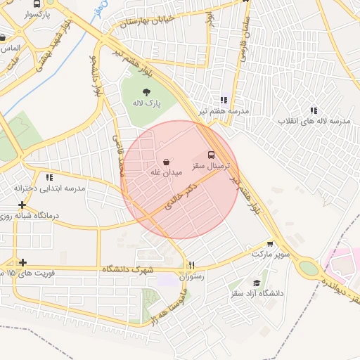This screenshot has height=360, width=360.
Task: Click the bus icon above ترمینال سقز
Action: click(x=211, y=154)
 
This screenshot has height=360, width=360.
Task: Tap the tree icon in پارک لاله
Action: click(x=147, y=92)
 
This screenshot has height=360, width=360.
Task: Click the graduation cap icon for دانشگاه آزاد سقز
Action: click(x=257, y=283)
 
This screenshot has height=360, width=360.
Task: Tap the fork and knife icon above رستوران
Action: click(x=191, y=265)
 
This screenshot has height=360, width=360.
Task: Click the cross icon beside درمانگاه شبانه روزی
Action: click(x=22, y=205)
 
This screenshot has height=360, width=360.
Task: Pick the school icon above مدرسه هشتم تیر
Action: click(x=224, y=101)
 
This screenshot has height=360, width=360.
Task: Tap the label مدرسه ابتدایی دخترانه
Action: click(x=49, y=188)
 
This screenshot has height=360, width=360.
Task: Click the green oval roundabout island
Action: click(x=308, y=268)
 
